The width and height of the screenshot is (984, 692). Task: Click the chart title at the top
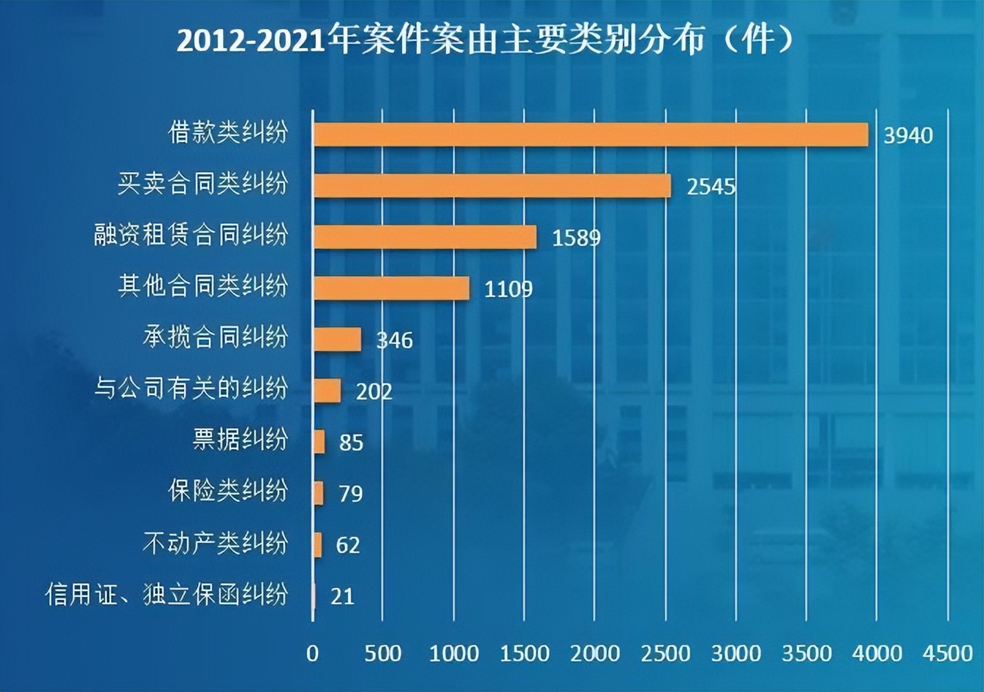[x=485, y=40]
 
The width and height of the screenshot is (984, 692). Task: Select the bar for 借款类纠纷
[x=591, y=135]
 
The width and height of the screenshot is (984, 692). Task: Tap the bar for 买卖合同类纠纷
[x=492, y=186]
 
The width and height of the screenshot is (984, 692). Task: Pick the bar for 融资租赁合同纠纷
[x=425, y=237]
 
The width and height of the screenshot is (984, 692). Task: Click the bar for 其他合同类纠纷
[x=391, y=288]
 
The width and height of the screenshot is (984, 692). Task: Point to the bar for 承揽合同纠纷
[x=337, y=339]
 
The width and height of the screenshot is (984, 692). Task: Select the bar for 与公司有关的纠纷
[x=327, y=391]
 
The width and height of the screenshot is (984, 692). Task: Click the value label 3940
[x=908, y=135]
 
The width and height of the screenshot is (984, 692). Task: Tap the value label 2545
[x=711, y=187]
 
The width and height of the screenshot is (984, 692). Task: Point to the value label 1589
[x=576, y=238]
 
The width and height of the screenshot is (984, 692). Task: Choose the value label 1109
[x=508, y=289]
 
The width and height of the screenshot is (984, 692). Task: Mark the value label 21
[x=342, y=596]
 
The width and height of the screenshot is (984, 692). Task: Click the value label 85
[x=351, y=443]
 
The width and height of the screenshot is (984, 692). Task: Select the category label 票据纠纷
[x=240, y=440]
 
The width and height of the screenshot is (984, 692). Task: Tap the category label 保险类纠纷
[x=228, y=491]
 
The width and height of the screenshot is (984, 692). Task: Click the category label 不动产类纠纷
[x=215, y=543]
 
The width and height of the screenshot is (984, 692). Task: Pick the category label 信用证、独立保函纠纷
[x=167, y=594]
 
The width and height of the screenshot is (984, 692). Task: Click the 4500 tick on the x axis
[x=947, y=652]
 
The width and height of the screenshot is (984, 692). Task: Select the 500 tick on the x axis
[x=383, y=652]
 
